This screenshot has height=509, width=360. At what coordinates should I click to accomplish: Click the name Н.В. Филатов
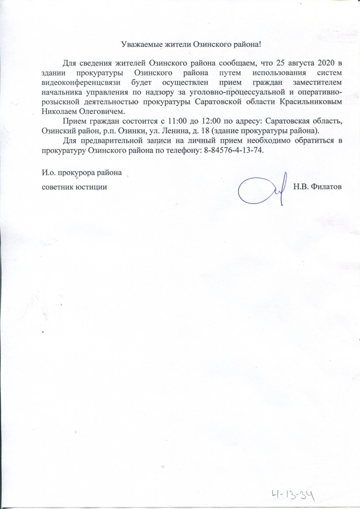pos(321,186)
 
